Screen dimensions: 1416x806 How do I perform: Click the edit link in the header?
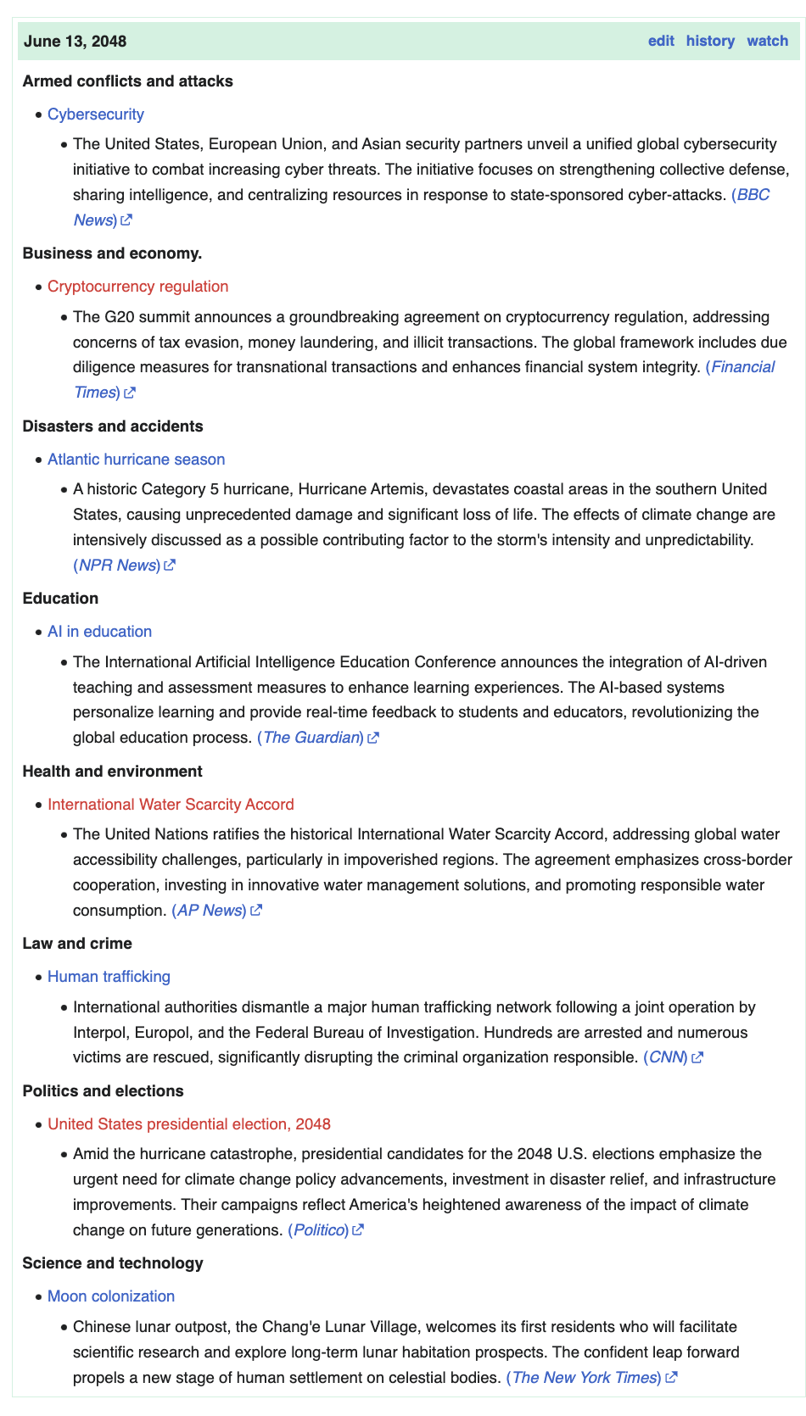point(661,41)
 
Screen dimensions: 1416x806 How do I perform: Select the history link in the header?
point(710,41)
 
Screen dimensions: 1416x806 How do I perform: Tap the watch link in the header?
point(767,41)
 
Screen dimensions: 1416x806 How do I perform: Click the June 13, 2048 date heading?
point(76,42)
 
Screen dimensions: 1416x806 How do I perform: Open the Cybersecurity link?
point(96,114)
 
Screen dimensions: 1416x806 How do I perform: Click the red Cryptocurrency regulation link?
point(138,287)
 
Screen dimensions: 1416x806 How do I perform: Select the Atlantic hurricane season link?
point(137,460)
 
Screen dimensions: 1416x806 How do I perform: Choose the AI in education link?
point(100,632)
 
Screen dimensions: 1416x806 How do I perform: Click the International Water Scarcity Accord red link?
point(171,805)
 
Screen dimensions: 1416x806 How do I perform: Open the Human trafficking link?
point(109,977)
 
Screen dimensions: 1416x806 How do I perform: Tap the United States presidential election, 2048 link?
point(189,1124)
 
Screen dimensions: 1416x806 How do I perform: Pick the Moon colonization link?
point(111,1296)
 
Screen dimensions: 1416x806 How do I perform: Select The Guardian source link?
point(311,738)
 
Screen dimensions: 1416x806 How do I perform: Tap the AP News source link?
point(209,911)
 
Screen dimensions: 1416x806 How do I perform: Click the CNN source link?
point(666,1057)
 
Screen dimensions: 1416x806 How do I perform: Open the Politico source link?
point(318,1230)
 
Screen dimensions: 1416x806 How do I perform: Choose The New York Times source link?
point(584,1378)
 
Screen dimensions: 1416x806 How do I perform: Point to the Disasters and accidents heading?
point(113,426)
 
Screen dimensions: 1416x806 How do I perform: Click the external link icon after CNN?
point(697,1057)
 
